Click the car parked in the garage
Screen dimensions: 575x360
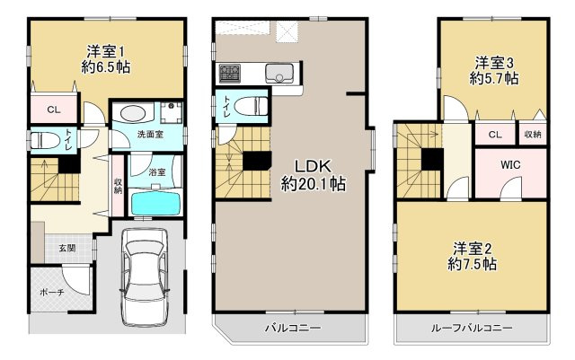[x=145, y=277]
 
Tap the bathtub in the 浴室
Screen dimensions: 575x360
[x=155, y=204]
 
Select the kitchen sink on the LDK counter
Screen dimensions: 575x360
[x=279, y=74]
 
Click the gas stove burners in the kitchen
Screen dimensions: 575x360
[x=230, y=74]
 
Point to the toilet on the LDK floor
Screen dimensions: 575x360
[x=251, y=106]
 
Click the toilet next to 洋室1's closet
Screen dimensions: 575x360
[x=46, y=140]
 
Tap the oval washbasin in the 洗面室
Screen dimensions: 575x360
[x=132, y=114]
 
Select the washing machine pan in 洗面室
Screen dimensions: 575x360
[x=171, y=112]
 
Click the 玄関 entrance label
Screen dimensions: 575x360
[x=67, y=248]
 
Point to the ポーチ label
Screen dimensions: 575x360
[x=52, y=292]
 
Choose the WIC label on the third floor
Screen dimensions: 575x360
[x=510, y=165]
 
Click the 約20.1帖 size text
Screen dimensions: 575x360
[x=314, y=184]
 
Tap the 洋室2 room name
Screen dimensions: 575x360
[x=473, y=249]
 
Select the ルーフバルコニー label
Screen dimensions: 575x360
[x=472, y=328]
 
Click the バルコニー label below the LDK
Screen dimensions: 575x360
[x=293, y=328]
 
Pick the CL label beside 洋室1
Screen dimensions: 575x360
[x=54, y=110]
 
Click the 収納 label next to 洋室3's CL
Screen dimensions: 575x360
[x=533, y=134]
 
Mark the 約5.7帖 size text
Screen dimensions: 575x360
[x=494, y=78]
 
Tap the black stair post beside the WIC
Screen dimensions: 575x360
[x=432, y=159]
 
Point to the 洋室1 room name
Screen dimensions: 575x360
[x=105, y=52]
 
